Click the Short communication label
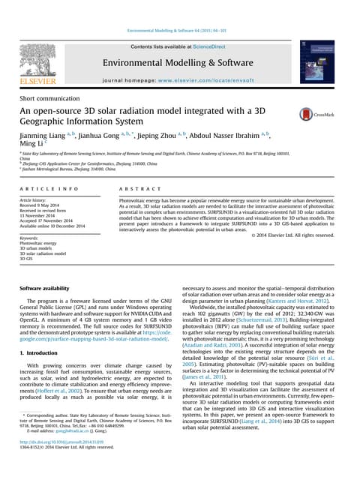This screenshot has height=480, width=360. pos(48,97)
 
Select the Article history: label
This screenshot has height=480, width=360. pos(36,201)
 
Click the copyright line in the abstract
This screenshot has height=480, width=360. pos(293,235)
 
